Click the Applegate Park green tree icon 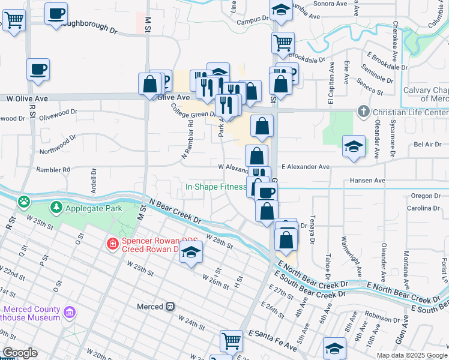[x=56, y=208]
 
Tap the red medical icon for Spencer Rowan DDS [x=112, y=244]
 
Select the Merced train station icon [x=170, y=307]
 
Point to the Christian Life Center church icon [x=363, y=112]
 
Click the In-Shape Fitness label [x=215, y=187]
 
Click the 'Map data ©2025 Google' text [x=412, y=355]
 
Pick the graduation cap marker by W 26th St [x=191, y=253]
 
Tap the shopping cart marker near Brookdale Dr [x=283, y=43]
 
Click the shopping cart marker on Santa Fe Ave [x=231, y=341]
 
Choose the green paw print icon [x=23, y=201]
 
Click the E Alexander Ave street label [x=305, y=167]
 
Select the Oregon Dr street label [x=426, y=196]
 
